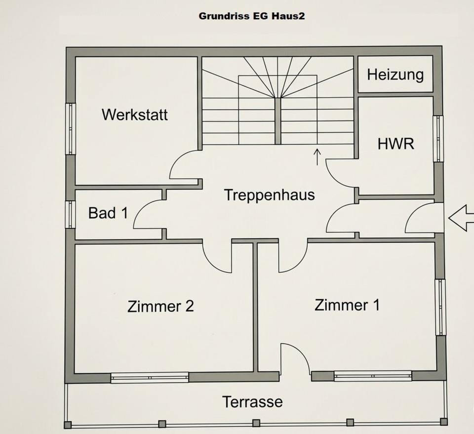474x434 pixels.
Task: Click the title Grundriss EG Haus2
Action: (251, 16)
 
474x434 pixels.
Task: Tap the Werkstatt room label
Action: (135, 115)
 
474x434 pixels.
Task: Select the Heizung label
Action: (395, 75)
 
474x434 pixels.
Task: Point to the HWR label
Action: (395, 144)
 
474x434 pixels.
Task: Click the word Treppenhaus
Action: (269, 195)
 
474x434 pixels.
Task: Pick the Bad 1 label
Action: (108, 213)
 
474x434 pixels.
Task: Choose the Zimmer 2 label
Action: (160, 306)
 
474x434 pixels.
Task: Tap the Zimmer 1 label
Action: (347, 305)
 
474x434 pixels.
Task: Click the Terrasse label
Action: (252, 401)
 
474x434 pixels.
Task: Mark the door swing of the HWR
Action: (340, 173)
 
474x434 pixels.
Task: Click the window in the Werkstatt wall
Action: (71, 128)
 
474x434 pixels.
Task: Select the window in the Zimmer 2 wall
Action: (149, 378)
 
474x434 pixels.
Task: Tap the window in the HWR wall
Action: (438, 138)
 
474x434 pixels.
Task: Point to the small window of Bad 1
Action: (70, 214)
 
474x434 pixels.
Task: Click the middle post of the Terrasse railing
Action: (256, 423)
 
